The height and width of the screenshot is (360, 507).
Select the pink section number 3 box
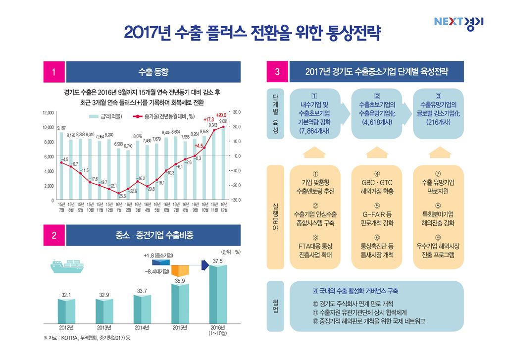point(277,72)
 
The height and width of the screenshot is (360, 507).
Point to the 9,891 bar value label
point(224,121)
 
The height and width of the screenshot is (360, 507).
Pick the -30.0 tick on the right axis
point(236,200)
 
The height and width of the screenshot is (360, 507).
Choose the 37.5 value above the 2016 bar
point(218,261)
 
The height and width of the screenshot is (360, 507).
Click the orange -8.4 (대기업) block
point(181,271)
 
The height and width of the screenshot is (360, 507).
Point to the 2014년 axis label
point(142,328)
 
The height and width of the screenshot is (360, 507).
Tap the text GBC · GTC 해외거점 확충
point(377,186)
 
